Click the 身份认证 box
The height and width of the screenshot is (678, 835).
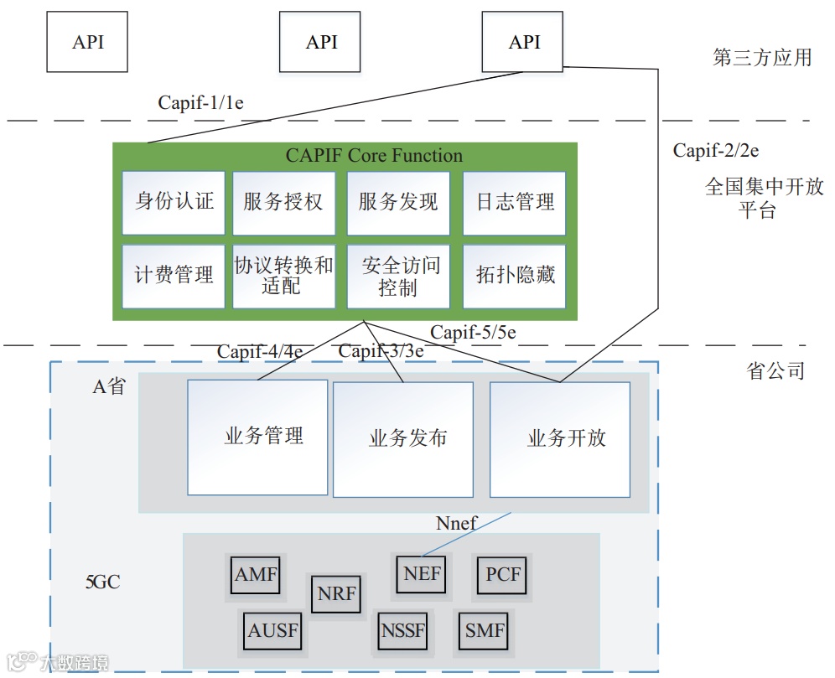coord(174,203)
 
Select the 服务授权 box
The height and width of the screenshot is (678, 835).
coord(283,203)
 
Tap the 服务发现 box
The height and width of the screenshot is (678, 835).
coord(398,203)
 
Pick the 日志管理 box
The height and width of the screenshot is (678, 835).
coord(514,203)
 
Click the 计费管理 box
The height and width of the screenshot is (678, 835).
coord(174,276)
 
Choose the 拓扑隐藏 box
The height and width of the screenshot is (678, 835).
coord(514,276)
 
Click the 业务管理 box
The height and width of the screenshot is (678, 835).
coord(257,437)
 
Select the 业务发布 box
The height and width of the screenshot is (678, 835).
coord(403,437)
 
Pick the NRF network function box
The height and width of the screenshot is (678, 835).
coord(336,595)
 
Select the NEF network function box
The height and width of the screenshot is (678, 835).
coord(422,575)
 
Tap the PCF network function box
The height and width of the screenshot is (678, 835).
coord(503,576)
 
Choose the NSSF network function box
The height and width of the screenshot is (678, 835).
coord(402,630)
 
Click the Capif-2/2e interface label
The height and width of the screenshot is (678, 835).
coord(716,151)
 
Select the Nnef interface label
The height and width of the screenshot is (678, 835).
coord(456,524)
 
